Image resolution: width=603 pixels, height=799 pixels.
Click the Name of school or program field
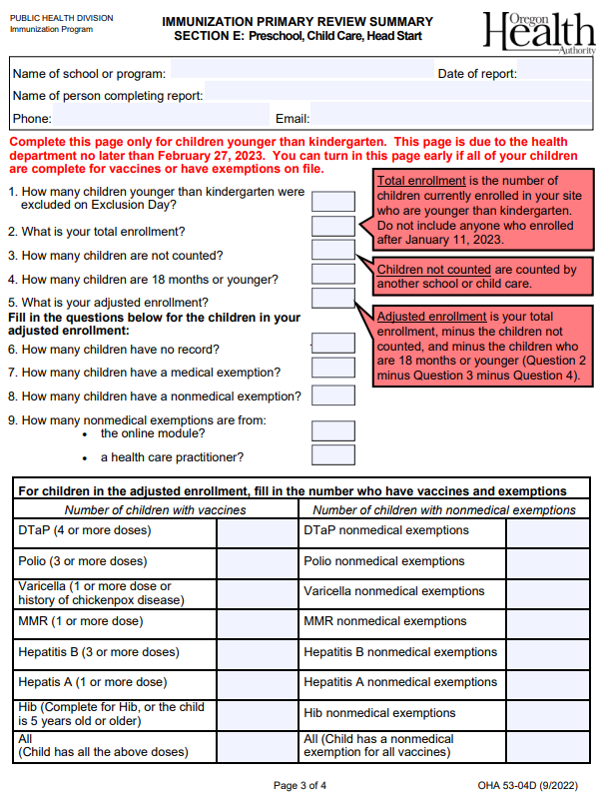(300, 73)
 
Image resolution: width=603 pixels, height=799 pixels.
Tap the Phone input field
(160, 118)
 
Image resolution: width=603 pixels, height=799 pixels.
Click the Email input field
(449, 118)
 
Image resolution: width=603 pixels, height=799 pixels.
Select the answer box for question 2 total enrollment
(332, 227)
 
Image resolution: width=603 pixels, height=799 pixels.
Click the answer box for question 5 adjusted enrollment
(332, 298)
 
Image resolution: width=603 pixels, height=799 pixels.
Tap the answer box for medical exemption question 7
(332, 368)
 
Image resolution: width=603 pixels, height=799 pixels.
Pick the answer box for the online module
(332, 431)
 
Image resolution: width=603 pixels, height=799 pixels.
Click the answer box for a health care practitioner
(332, 455)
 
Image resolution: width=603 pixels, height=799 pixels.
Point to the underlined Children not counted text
(433, 270)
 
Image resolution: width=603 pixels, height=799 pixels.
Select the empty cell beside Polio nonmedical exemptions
(547, 563)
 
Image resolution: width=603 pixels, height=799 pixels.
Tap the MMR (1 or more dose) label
(81, 621)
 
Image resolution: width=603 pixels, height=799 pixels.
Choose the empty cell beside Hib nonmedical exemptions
(547, 714)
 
